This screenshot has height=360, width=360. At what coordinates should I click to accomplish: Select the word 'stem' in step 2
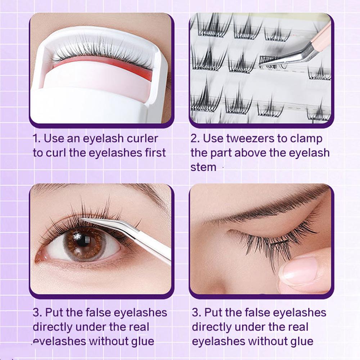203,167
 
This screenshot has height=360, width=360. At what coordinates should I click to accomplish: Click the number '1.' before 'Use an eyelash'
37,139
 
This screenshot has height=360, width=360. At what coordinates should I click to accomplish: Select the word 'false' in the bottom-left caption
95,312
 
